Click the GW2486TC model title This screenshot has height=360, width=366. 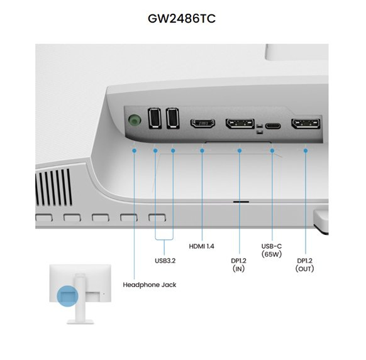(182, 19)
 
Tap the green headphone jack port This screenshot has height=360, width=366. (135, 120)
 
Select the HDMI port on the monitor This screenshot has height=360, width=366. (203, 123)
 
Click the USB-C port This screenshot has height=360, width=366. (273, 126)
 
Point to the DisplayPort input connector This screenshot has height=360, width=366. (240, 124)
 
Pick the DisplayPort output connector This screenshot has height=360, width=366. (306, 124)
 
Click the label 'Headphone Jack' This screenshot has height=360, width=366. (150, 285)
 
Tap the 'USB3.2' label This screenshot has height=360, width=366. (165, 261)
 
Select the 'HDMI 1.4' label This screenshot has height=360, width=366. (201, 246)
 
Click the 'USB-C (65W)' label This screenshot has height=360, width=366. (272, 250)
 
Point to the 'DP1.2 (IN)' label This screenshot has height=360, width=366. (238, 265)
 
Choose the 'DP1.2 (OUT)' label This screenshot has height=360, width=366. (304, 265)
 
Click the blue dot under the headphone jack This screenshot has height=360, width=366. (134, 151)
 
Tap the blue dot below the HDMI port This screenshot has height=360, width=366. (202, 151)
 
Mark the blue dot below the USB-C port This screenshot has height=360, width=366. (272, 151)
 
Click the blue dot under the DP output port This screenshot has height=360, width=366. (306, 151)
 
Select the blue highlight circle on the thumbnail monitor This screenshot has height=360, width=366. (67, 296)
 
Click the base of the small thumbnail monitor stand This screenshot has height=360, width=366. (80, 322)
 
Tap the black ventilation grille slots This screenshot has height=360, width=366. (53, 187)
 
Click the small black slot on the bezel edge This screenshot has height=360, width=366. (241, 202)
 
